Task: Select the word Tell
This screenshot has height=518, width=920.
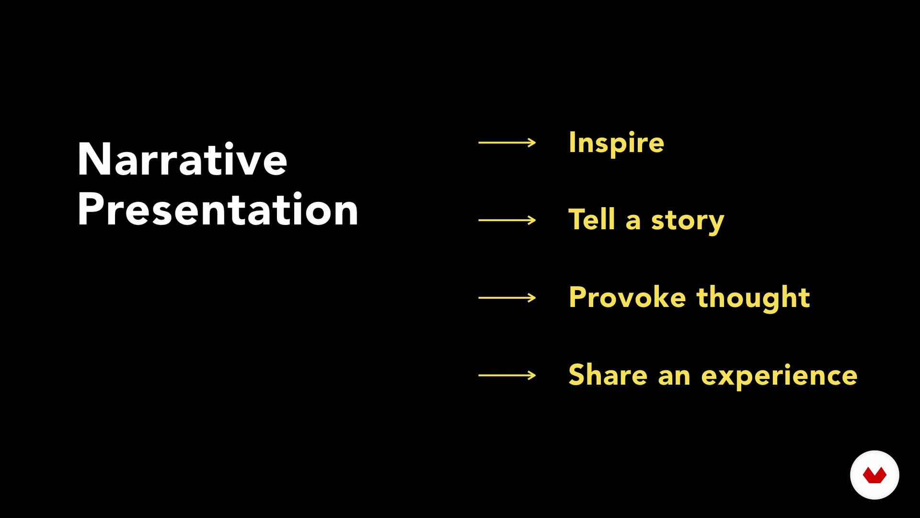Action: [592, 220]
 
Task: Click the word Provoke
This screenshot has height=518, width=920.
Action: [628, 297]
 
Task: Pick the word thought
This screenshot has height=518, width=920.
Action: [753, 298]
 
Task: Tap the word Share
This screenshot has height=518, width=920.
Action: [608, 375]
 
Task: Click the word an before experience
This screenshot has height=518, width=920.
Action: [674, 377]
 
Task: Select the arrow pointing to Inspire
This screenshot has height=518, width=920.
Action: [507, 142]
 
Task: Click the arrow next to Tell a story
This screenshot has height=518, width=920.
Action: [507, 220]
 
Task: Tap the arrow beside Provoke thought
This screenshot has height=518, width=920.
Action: [507, 298]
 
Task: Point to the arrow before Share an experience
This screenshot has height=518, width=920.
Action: [507, 376]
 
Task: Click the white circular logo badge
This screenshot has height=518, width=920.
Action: [874, 475]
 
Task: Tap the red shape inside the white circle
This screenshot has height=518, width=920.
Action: [874, 476]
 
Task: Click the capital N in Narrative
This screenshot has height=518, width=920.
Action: [94, 159]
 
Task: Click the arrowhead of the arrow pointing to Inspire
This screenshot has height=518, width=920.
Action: [532, 142]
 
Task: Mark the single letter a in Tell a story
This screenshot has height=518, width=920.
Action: [633, 222]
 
